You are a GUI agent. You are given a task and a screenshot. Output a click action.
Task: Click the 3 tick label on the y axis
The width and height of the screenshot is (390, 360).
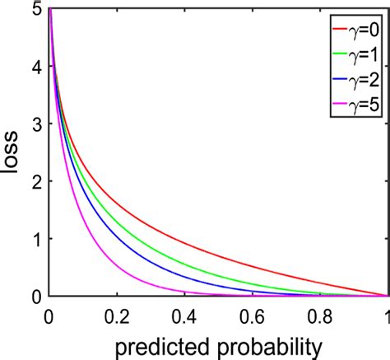tap(37, 124)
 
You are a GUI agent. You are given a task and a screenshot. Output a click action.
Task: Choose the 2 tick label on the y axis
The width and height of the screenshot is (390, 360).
tap(37, 181)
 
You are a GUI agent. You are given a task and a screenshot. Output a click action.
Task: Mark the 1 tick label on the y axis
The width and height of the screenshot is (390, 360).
tap(37, 239)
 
